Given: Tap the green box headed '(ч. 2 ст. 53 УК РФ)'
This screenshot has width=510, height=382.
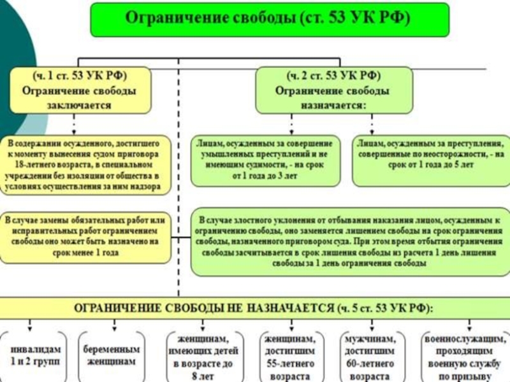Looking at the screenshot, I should [333, 90].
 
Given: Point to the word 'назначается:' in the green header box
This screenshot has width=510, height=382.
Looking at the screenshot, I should [333, 106].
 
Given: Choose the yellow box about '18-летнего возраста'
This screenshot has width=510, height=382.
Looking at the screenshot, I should [85, 164].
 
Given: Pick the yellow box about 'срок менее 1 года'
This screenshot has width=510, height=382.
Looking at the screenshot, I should [85, 237].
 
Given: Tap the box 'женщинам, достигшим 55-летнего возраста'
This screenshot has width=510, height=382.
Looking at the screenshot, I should [288, 357].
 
